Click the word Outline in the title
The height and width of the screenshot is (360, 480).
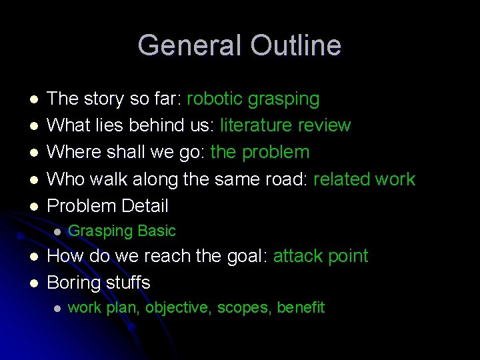point(296,46)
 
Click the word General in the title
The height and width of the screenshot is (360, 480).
point(191,46)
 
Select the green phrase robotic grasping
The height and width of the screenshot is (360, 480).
point(253,99)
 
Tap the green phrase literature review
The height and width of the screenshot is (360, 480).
point(285,125)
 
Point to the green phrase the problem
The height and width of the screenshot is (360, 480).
point(260,152)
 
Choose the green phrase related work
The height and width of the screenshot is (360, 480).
point(364,179)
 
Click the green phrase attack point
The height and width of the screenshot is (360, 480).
point(321,256)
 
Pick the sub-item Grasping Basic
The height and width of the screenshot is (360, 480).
point(122,231)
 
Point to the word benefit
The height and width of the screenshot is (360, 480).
point(301,308)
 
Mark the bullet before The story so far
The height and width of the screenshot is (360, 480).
point(34,100)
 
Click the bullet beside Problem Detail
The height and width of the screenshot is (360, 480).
point(34,206)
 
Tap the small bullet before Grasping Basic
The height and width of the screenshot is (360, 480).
point(57,232)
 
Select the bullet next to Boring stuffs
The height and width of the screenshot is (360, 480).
point(34,283)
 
